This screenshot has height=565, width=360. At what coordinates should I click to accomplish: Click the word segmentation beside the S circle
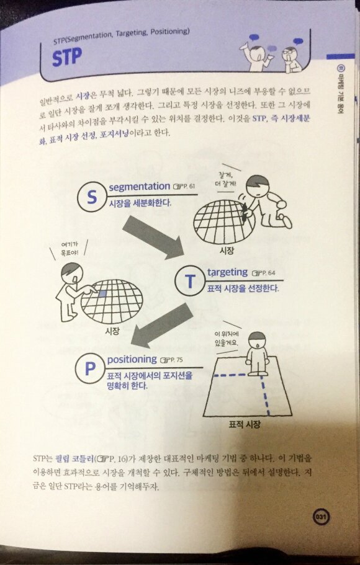tap(139, 186)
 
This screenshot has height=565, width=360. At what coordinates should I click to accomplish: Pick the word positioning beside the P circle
tap(132, 360)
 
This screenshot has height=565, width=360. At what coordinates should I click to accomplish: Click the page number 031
tap(321, 516)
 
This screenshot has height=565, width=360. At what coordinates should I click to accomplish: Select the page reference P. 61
tap(185, 187)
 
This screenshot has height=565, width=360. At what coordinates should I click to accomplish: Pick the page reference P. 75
tap(172, 360)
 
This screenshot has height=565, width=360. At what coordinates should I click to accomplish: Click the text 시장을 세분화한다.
tap(140, 203)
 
